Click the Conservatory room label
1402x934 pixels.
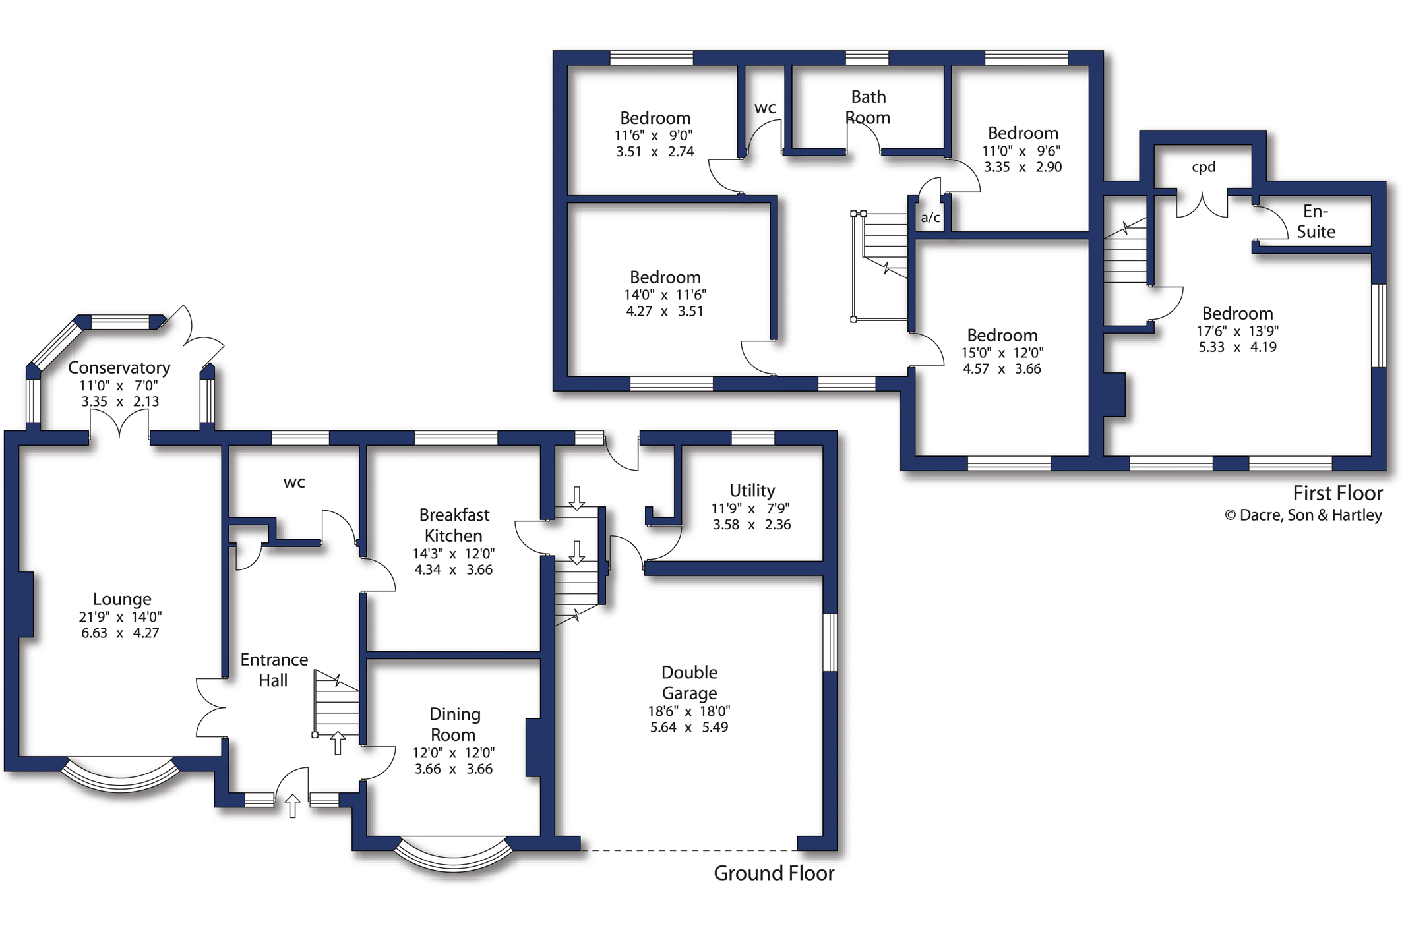(x=119, y=368)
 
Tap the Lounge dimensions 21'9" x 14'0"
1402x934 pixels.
(x=120, y=617)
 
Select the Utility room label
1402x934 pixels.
(x=752, y=491)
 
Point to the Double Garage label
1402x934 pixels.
(x=689, y=683)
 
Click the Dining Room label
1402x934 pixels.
(x=454, y=724)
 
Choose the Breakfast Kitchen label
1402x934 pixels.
(x=454, y=525)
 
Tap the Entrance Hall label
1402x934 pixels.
(x=274, y=670)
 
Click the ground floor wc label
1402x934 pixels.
(x=294, y=483)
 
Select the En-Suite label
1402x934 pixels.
(x=1316, y=221)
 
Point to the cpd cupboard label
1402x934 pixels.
(x=1204, y=167)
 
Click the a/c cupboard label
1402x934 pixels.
(x=930, y=218)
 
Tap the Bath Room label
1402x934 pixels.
(x=868, y=107)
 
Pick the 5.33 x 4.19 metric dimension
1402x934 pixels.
(x=1237, y=347)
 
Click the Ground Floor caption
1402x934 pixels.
(x=774, y=873)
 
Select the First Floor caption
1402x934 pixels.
(x=1337, y=493)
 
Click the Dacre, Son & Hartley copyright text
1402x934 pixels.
(x=1303, y=515)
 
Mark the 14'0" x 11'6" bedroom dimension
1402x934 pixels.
(x=665, y=295)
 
